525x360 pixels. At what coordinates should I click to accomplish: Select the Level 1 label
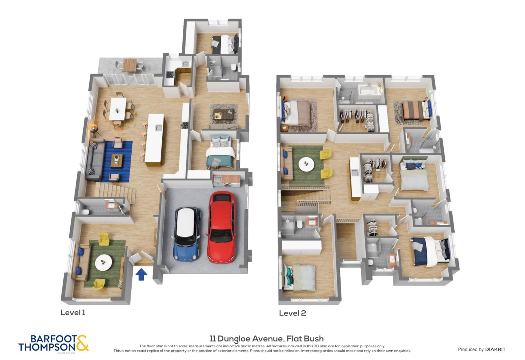click(x=73, y=312)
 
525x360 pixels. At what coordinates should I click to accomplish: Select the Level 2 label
click(x=292, y=313)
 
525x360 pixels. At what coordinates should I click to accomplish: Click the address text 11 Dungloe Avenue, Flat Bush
click(x=266, y=339)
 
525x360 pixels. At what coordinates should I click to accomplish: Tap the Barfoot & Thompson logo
click(x=54, y=343)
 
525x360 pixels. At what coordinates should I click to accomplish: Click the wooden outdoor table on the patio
click(x=130, y=65)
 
